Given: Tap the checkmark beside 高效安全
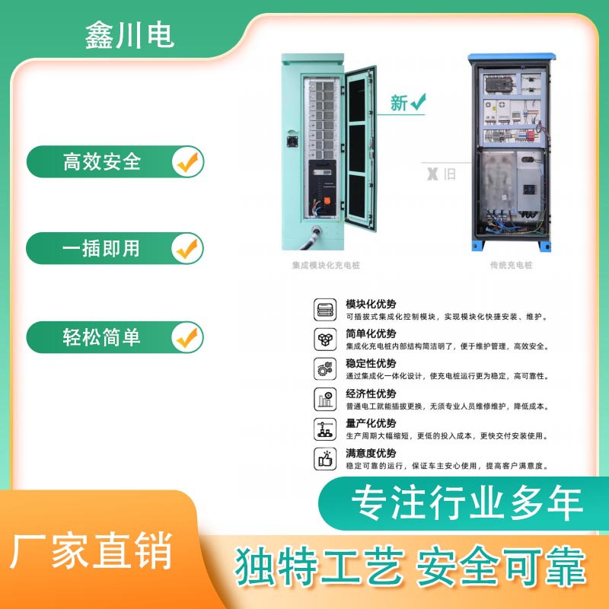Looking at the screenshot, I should coord(186,161).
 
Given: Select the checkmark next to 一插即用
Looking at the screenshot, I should coord(186,248).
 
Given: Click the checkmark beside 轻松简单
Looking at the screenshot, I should coord(186,336).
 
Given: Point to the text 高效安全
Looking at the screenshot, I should coord(102,161).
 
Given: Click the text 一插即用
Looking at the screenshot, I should coord(102,248).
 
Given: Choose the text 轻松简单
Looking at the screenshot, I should coord(102,336).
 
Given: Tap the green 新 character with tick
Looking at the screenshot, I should coord(407,103).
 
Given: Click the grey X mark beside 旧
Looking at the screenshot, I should coord(432,174).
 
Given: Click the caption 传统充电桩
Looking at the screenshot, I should coord(511,266).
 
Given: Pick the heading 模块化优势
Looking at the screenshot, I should coord(371,304).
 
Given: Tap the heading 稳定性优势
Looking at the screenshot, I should coord(371,364).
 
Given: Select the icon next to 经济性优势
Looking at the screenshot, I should coord(324,399).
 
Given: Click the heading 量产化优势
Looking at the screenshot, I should coord(371,423).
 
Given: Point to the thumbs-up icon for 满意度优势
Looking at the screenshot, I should coord(324,458).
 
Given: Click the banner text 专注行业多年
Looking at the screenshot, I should coord(467,504).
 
